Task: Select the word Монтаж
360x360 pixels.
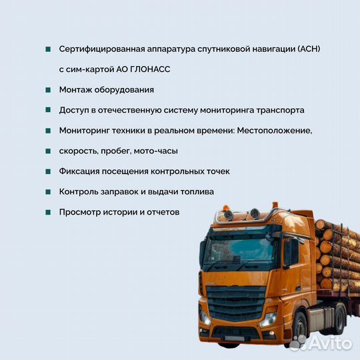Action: tap(77, 89)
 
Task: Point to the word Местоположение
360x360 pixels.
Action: tap(275, 131)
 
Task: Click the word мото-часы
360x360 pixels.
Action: tap(157, 151)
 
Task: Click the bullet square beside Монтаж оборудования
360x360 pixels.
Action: tap(49, 89)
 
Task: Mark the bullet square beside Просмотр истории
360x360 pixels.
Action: tap(49, 212)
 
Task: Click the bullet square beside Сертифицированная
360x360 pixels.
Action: tap(49, 49)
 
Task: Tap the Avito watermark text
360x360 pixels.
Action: tap(332, 342)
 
